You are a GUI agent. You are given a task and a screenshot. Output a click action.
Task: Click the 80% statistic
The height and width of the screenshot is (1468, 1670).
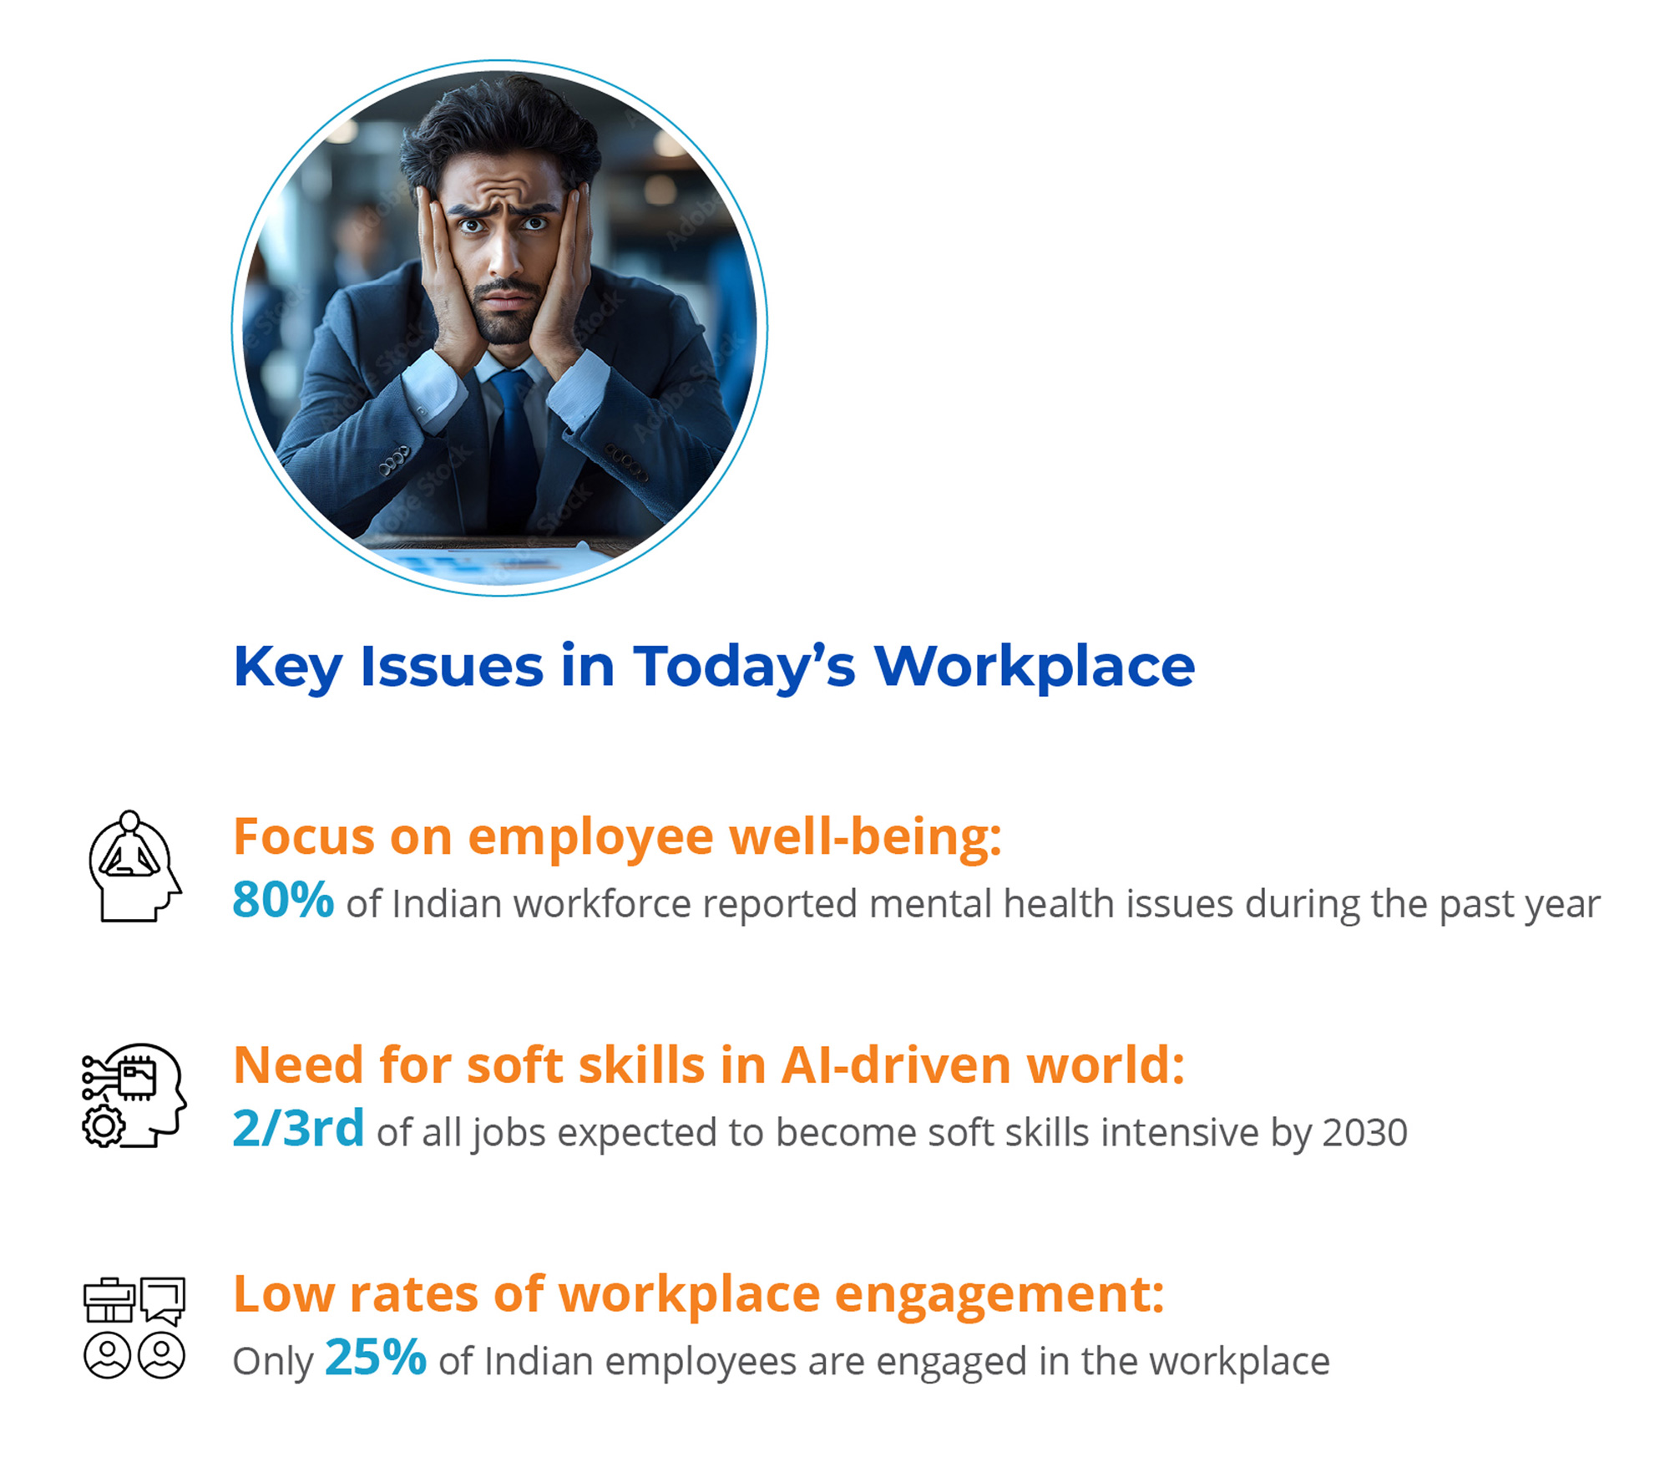(x=283, y=900)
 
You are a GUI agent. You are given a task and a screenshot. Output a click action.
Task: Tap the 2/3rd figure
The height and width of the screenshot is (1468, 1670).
(x=298, y=1128)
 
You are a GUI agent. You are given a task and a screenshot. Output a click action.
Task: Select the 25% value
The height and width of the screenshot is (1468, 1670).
(x=376, y=1357)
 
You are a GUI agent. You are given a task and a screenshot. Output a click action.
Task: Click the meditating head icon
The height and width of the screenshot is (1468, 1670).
(x=134, y=866)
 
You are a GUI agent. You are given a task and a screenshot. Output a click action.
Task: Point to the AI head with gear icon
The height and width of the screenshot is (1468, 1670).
(x=134, y=1095)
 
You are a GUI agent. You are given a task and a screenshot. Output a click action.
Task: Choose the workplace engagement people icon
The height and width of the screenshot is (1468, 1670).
(x=134, y=1328)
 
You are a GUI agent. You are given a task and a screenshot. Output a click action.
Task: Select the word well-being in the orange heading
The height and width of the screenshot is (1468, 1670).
(x=866, y=836)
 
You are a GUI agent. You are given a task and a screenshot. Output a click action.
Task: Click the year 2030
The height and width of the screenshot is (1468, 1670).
(x=1365, y=1133)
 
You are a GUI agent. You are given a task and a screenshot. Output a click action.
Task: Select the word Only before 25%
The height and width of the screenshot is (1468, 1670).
(x=273, y=1362)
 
